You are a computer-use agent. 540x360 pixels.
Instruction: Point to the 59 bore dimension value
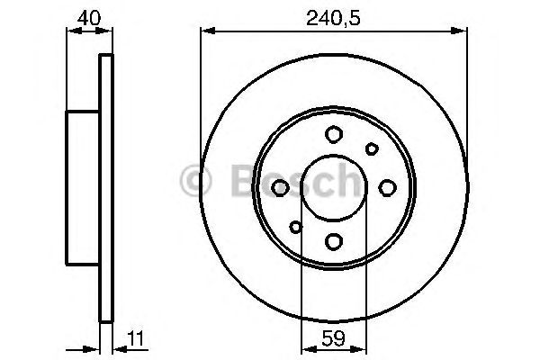[x=333, y=341]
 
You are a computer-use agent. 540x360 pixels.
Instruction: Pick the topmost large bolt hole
[x=333, y=134]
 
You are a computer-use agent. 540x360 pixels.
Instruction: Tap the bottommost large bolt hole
[x=333, y=241]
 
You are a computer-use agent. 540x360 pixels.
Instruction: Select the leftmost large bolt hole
[x=279, y=187]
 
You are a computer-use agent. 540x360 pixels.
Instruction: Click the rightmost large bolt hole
[x=388, y=187]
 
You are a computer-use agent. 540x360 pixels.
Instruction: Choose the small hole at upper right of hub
[x=371, y=148]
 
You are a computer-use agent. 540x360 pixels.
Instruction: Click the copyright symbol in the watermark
[x=195, y=181]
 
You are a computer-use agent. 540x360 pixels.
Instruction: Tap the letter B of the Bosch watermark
[x=236, y=181]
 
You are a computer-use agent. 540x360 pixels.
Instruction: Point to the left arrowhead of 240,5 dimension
[x=205, y=31]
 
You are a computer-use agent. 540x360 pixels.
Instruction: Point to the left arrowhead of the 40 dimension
[x=73, y=31]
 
